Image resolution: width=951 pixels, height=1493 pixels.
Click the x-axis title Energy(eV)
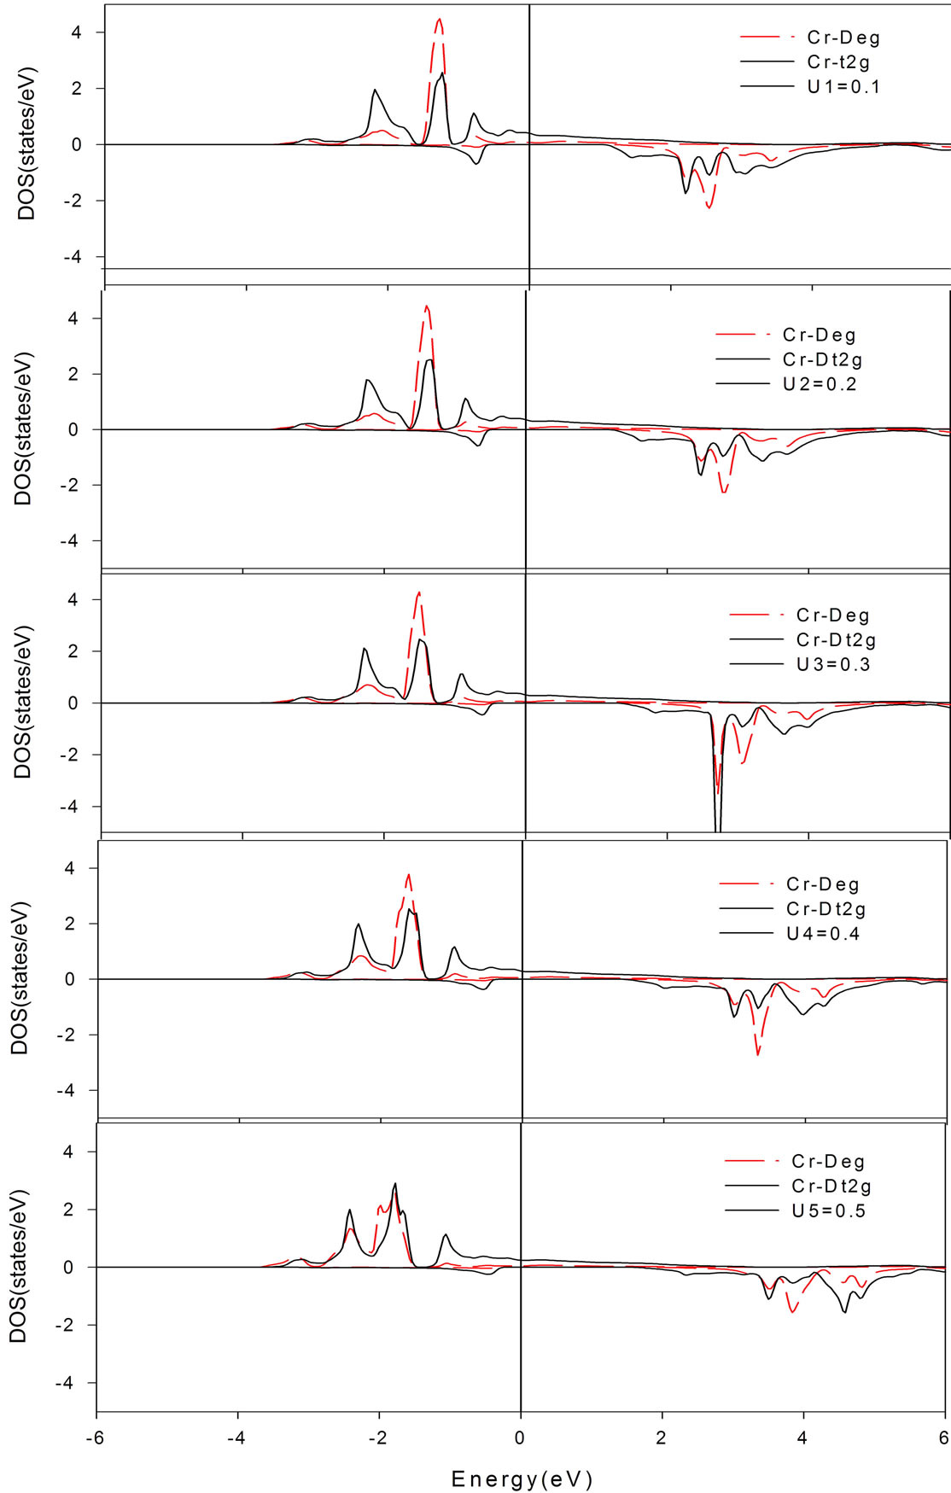(x=522, y=1479)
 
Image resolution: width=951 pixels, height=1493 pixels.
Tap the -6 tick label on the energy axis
(x=96, y=1437)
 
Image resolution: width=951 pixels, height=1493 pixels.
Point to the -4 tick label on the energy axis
(x=236, y=1437)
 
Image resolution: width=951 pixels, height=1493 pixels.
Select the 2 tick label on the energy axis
(x=662, y=1437)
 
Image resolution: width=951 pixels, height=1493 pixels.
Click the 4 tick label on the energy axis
(x=802, y=1437)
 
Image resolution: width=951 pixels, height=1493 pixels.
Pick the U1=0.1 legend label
(x=843, y=87)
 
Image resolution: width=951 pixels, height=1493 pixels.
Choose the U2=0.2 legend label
(x=820, y=384)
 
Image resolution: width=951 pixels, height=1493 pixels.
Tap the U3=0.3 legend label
(x=833, y=665)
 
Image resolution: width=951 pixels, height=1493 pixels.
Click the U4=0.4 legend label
(x=823, y=934)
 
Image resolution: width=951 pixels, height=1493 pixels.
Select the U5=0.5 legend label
(x=828, y=1211)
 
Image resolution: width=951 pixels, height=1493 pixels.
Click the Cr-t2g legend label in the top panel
(x=838, y=62)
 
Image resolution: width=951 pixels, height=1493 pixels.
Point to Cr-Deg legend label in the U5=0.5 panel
(x=828, y=1162)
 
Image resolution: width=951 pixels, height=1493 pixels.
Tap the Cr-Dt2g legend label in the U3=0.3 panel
(x=836, y=640)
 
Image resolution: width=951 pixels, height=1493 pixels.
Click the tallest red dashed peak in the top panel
(x=439, y=20)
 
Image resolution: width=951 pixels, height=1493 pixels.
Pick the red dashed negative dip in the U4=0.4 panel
(x=757, y=1052)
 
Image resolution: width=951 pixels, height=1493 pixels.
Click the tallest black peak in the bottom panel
(x=394, y=1185)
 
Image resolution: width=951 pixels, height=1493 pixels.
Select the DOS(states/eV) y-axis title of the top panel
(x=27, y=143)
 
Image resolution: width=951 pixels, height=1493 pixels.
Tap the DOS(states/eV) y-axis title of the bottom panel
(x=19, y=1266)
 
